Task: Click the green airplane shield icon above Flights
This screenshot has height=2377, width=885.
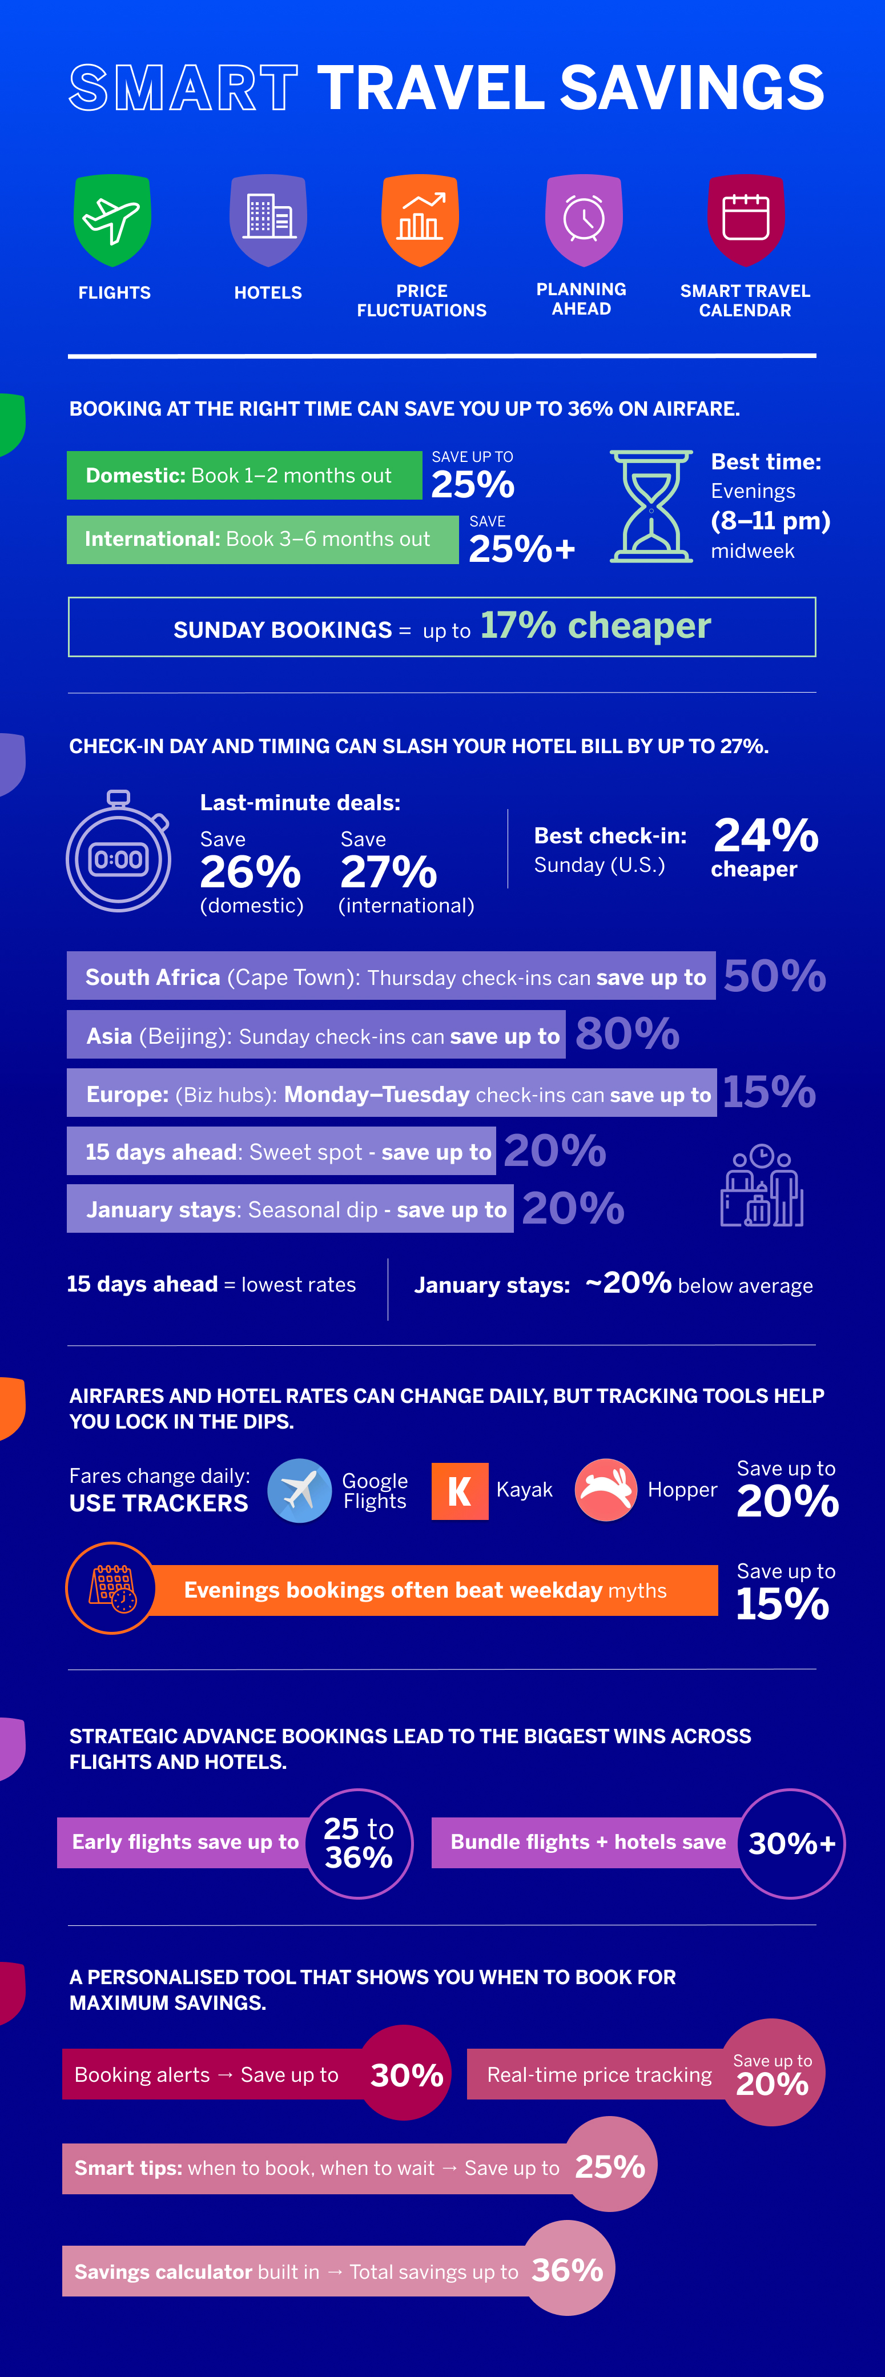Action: pos(112,220)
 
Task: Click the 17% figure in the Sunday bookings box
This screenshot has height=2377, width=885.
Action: pos(518,626)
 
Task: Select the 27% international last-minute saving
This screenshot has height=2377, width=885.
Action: pos(388,871)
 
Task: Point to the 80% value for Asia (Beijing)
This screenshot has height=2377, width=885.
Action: pos(627,1033)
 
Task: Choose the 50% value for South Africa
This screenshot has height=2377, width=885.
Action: pos(774,975)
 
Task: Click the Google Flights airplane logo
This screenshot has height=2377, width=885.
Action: pos(300,1490)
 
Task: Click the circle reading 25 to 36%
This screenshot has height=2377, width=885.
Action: pos(359,1843)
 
